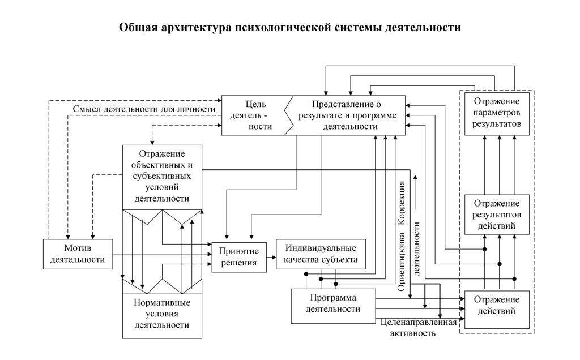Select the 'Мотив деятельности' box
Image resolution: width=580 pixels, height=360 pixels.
point(77,254)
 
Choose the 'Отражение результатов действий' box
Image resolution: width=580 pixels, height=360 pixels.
point(498,214)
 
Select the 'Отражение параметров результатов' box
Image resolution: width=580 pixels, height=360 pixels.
point(498,112)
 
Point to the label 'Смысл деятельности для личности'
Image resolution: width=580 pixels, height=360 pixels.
point(144,109)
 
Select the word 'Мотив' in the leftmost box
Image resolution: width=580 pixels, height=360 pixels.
point(77,248)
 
